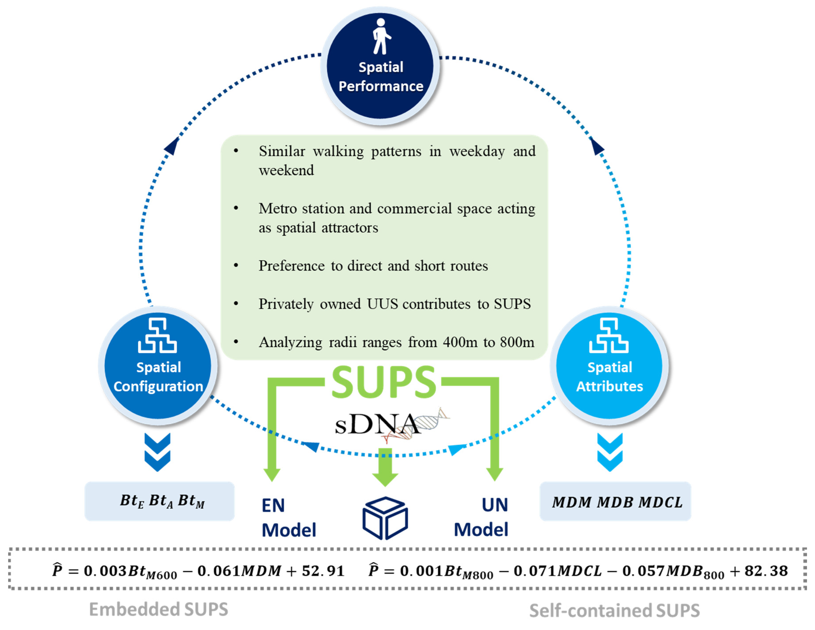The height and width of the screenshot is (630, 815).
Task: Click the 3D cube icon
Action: click(x=385, y=518)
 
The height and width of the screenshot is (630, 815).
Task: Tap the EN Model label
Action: click(x=288, y=518)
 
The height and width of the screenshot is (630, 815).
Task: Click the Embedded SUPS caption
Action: click(x=159, y=609)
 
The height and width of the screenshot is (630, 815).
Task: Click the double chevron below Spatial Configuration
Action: click(x=157, y=452)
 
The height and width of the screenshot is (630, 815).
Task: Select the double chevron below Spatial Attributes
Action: click(x=610, y=452)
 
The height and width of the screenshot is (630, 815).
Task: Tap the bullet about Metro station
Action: click(x=397, y=218)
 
